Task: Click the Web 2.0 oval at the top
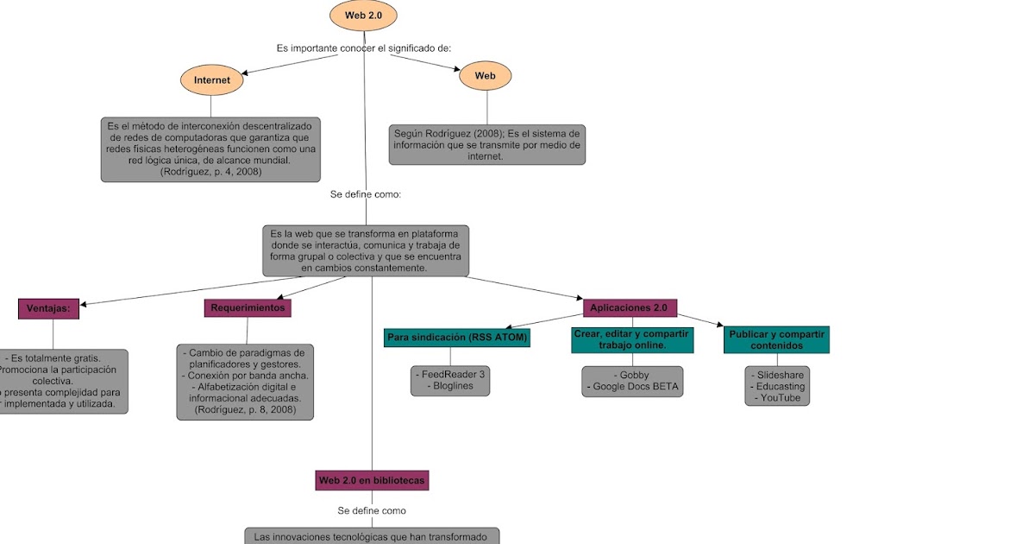coord(363,16)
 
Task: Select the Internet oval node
coord(211,80)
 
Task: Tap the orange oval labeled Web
coord(486,76)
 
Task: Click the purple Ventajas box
coord(48,308)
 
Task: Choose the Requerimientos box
coord(248,307)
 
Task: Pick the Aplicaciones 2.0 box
coord(630,307)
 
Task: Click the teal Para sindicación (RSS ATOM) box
coord(456,337)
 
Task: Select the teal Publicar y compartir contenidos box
coord(776,339)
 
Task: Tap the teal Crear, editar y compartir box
coord(632,340)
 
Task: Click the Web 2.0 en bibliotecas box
coord(372,480)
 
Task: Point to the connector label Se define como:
coord(366,194)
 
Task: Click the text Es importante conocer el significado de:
coord(363,48)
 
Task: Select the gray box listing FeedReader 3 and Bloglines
coord(450,381)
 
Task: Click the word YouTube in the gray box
coord(776,398)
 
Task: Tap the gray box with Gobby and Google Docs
coord(632,381)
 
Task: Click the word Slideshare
coord(776,376)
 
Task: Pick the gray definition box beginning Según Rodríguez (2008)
coord(487,145)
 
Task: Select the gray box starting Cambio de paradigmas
coord(245,382)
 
